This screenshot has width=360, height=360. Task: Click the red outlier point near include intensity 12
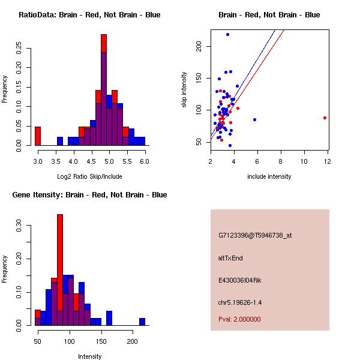325,118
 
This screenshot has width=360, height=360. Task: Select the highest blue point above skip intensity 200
227,34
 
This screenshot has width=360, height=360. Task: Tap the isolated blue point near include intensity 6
254,119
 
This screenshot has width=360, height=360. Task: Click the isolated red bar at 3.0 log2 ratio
38,136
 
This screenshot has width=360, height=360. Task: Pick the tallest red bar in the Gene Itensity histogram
60,270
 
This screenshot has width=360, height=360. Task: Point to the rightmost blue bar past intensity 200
142,322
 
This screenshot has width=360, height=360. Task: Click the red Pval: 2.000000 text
239,319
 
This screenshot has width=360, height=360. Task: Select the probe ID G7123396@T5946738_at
255,235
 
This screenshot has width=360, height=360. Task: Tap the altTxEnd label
230,258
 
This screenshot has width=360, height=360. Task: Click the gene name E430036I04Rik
239,280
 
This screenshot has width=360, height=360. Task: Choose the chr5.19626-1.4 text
240,302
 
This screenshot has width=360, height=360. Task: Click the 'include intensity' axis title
269,176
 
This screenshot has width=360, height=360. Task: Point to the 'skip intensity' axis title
184,89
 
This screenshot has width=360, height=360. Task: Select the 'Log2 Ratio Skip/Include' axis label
89,176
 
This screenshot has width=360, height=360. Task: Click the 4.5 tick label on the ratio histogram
91,161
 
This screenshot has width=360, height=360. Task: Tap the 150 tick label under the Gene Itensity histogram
101,341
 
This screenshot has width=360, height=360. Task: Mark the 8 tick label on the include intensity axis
280,161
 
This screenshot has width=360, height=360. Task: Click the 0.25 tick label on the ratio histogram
19,48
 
